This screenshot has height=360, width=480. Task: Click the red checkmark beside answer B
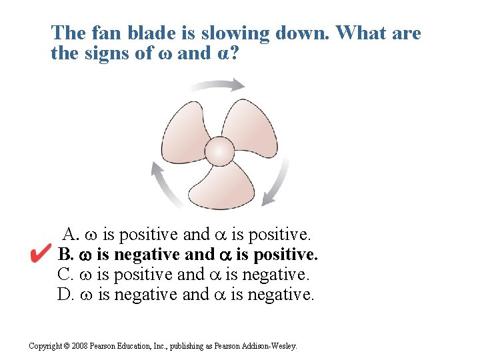click(x=41, y=253)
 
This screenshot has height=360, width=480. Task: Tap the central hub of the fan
click(x=219, y=151)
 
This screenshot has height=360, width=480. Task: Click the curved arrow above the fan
click(x=217, y=85)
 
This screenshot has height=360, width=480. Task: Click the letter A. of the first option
click(x=71, y=235)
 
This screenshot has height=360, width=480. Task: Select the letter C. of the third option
click(x=65, y=274)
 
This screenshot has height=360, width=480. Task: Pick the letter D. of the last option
click(x=65, y=294)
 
